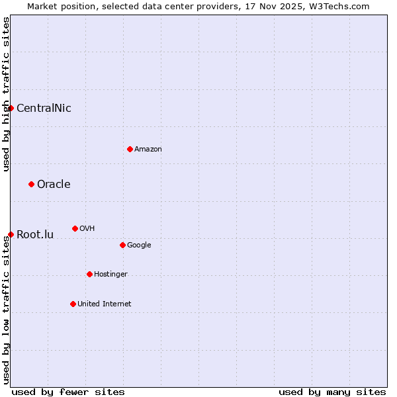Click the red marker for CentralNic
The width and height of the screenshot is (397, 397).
11,108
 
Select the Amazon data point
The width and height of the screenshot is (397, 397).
130,149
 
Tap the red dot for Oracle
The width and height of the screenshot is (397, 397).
31,184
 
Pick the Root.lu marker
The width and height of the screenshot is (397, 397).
11,234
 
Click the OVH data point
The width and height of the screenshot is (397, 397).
75,228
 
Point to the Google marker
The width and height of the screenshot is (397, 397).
122,245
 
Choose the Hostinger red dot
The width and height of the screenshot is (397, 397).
89,274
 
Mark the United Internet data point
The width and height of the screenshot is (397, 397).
73,304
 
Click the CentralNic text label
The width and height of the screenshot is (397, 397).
44,109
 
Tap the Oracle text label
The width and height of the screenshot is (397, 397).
54,185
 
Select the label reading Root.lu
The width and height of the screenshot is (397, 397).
35,235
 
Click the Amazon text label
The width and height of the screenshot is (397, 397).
148,150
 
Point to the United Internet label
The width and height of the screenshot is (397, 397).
105,304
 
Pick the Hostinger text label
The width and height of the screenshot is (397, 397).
110,275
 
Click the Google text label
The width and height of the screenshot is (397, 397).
139,245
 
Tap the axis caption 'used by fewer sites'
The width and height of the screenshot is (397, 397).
68,392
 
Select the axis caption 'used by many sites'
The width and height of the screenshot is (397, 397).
332,392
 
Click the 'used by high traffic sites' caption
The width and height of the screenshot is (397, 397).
6,94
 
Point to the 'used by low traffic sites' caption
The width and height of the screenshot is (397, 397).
6,310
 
